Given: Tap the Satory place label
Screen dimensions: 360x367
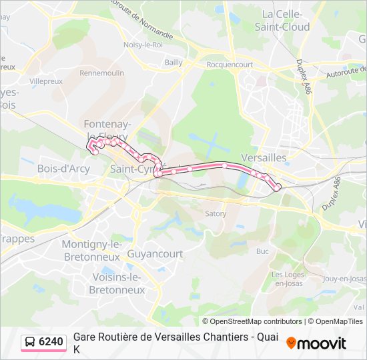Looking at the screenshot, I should [x=216, y=214].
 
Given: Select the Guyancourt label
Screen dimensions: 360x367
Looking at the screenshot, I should [x=155, y=254].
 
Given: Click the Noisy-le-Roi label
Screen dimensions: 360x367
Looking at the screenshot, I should [x=143, y=45].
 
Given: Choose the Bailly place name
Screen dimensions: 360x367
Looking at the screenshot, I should [x=173, y=62].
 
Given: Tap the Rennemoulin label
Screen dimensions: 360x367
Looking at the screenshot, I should [x=102, y=73].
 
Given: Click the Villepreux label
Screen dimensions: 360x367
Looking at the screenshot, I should [x=46, y=81].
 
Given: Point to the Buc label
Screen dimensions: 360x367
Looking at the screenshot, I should [x=262, y=251].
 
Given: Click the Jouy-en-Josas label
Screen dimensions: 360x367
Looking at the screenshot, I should [x=344, y=279].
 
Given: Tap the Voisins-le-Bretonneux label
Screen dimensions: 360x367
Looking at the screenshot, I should [x=119, y=283].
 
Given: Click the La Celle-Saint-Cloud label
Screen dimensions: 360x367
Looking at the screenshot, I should [x=282, y=21].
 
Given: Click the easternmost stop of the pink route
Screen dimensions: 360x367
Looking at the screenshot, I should [x=277, y=189].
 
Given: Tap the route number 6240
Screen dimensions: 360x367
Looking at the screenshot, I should [x=51, y=342].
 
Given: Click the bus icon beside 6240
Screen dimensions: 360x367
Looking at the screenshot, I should [x=31, y=342].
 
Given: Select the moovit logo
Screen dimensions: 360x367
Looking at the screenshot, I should [x=316, y=343].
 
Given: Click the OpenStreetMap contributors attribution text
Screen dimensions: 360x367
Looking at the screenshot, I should [x=252, y=321].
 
